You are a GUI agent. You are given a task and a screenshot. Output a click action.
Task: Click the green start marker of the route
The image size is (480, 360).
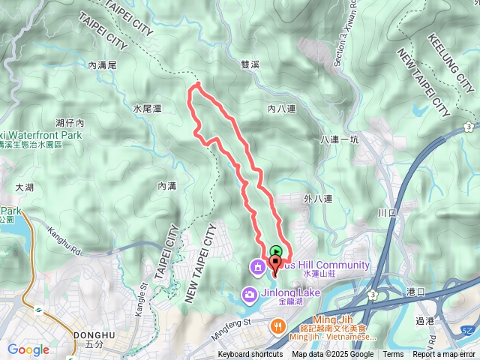[x=277, y=253]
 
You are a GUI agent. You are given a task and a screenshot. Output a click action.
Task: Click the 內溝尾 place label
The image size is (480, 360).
[x=102, y=66]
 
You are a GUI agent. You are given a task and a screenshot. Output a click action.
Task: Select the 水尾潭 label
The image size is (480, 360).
[x=147, y=109]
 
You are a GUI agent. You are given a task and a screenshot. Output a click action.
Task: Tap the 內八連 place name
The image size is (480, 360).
[x=281, y=109]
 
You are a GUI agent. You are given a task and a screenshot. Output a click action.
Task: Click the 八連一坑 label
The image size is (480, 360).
[x=340, y=139]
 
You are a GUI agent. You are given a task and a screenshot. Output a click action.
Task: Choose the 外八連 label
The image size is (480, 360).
[x=318, y=199]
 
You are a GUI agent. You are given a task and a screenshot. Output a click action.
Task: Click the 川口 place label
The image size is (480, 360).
[x=387, y=214]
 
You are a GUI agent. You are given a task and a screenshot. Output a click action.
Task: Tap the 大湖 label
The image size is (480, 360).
[x=24, y=187]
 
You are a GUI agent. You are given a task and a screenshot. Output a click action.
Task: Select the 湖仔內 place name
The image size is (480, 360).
[x=70, y=122]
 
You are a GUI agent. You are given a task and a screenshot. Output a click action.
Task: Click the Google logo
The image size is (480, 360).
[x=28, y=349]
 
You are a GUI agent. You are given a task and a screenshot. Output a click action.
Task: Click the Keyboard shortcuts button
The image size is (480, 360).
[x=250, y=355]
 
